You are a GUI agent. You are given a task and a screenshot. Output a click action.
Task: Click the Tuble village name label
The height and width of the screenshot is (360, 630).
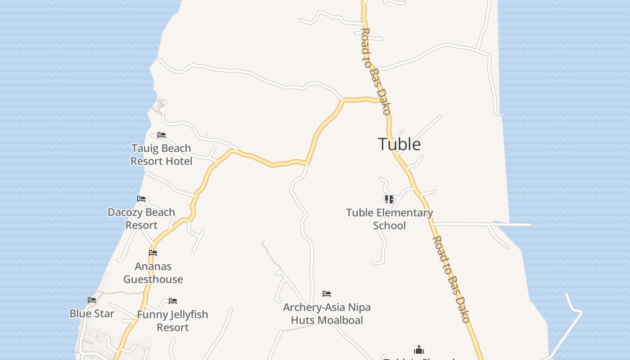[400, 144]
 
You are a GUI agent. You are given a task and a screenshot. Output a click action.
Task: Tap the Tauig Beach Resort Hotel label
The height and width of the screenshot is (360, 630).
[161, 154]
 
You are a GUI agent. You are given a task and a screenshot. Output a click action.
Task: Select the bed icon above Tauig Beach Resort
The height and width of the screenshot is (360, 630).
[162, 135]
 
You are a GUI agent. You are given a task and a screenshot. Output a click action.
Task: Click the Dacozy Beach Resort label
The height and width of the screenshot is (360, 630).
[141, 218]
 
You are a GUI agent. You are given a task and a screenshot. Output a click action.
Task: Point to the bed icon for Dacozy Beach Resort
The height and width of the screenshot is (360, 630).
[141, 199]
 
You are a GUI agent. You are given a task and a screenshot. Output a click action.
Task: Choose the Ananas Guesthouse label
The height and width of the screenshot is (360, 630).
[153, 273]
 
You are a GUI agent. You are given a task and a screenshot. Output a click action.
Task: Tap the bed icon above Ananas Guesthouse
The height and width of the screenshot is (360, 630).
[153, 253]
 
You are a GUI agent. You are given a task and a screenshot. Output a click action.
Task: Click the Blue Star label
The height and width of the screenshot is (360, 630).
[92, 314]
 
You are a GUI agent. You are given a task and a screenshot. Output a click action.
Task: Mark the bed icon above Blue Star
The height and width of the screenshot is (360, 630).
[92, 300]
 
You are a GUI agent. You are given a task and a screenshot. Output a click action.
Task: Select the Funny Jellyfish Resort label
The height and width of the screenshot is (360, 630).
[173, 320]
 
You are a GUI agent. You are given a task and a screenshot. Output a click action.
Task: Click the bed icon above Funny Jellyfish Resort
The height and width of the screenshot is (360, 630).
[173, 301]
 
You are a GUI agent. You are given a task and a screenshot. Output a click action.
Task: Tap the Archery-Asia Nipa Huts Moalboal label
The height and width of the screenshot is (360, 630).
[327, 314]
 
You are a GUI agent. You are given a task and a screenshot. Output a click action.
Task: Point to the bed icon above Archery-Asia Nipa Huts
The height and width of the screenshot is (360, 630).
[327, 294]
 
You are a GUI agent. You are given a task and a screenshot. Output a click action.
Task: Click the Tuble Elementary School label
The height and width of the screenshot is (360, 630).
[389, 219]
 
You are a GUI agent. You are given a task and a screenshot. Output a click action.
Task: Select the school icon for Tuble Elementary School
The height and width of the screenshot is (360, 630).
[389, 199]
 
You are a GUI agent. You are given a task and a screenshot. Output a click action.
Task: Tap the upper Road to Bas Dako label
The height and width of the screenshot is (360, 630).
[376, 72]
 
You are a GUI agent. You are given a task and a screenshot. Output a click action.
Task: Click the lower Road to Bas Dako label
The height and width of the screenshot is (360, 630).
[451, 279]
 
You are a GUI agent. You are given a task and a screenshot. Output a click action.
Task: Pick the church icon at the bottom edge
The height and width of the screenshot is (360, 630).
[419, 350]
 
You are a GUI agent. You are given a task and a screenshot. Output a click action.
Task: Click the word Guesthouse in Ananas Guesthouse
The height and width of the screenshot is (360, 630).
[153, 279]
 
